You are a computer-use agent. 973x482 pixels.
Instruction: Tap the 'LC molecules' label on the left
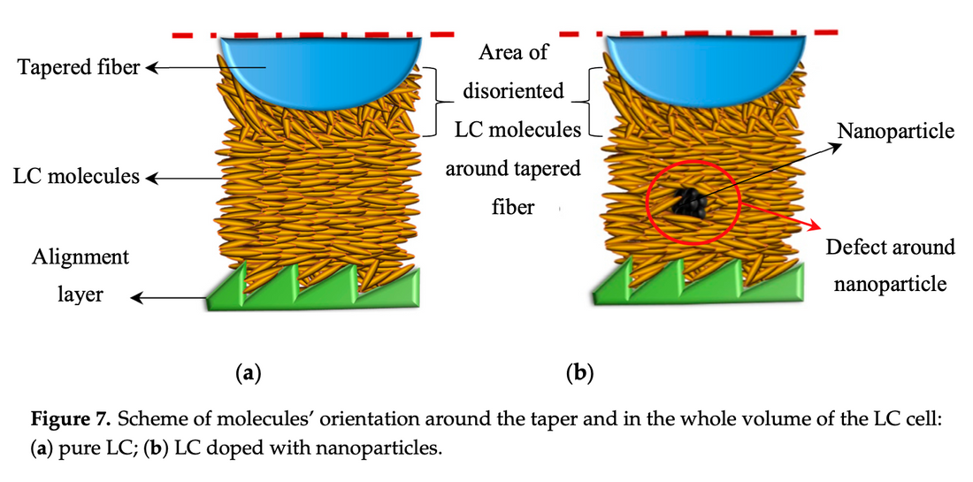76,177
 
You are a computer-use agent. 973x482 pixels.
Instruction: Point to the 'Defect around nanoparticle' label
891,265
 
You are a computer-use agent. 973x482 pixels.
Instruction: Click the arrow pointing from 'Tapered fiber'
181,68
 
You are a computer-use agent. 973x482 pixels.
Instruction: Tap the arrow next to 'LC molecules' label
181,178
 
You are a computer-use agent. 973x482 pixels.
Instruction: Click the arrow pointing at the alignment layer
169,299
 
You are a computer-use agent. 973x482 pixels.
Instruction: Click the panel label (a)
247,373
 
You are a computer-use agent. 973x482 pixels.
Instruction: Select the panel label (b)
578,373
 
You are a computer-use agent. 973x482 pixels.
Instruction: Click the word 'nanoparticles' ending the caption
389,447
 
